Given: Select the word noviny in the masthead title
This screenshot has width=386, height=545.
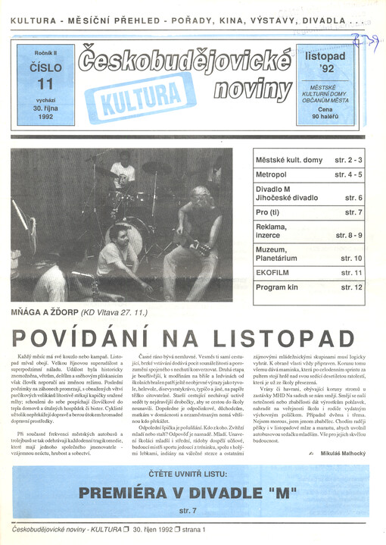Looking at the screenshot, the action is pos(252,90).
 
